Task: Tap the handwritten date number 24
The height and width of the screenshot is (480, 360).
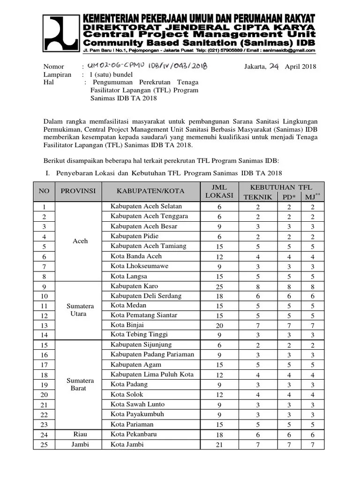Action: click(274, 66)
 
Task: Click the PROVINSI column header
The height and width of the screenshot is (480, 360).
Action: click(78, 191)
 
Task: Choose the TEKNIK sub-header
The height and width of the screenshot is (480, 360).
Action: click(257, 197)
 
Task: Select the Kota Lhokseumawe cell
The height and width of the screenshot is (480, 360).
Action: click(139, 266)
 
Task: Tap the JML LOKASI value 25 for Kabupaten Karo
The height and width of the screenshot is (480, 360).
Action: click(219, 286)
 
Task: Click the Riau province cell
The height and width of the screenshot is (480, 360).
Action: click(80, 434)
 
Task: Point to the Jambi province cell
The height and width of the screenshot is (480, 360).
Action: click(80, 444)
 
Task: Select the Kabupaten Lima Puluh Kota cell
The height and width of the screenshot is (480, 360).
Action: click(152, 375)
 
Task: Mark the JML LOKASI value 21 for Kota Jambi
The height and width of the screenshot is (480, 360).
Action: click(219, 444)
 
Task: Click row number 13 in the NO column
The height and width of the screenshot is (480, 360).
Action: click(44, 325)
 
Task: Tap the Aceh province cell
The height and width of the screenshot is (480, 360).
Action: click(80, 241)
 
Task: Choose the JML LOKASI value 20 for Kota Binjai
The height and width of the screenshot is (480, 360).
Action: click(219, 325)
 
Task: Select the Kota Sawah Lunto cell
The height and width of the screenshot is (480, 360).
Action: click(137, 404)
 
